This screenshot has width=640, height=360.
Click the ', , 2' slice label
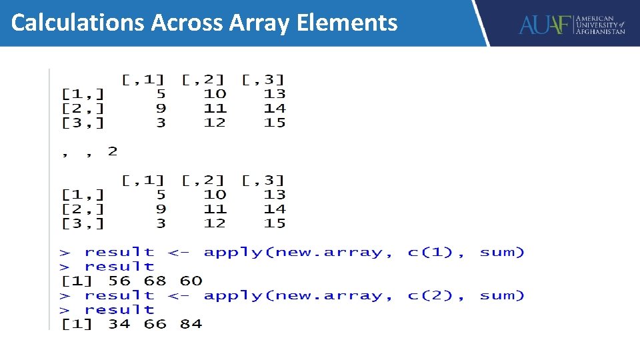(x=89, y=151)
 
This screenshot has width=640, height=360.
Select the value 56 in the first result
(x=119, y=281)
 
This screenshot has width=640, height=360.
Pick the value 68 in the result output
(x=155, y=281)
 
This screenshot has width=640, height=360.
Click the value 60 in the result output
(x=191, y=281)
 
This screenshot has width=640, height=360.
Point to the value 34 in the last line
(x=119, y=324)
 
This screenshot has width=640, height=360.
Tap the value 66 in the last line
(x=155, y=324)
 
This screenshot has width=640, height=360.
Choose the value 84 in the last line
(x=191, y=324)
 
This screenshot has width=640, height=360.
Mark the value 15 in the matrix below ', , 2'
(x=275, y=223)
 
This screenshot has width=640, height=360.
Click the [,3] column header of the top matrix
(x=263, y=79)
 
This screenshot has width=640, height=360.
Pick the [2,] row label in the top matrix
(x=83, y=108)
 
